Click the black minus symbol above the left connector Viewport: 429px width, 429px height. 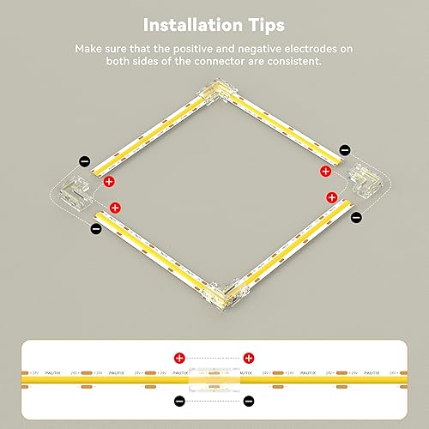tap(84, 160)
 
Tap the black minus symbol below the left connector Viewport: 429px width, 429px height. tap(94, 227)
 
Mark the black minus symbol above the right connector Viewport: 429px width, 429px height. tap(345, 150)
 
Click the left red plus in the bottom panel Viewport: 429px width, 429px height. tap(179, 356)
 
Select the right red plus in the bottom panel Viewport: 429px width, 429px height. tap(249, 356)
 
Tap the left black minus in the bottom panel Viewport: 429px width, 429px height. tap(179, 401)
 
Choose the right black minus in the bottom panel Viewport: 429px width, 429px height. tap(249, 401)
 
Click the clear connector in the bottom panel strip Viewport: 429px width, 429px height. tap(214, 378)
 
